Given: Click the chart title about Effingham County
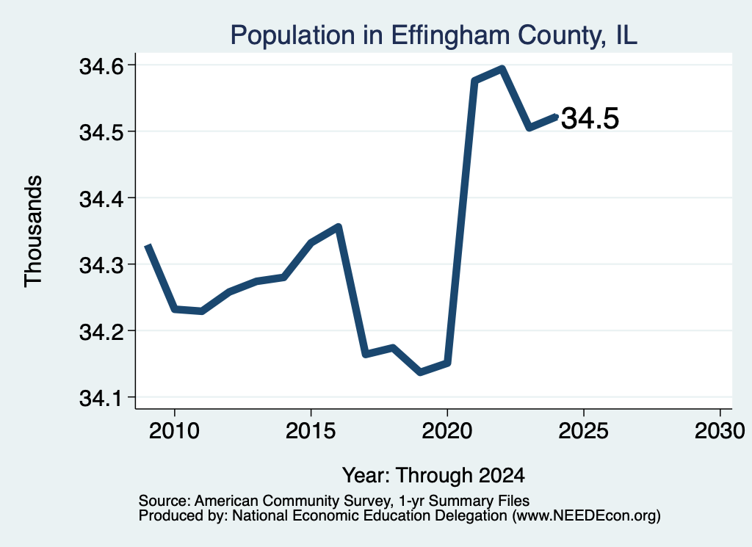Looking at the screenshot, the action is coord(433,35).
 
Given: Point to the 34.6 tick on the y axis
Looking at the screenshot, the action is coord(99,66).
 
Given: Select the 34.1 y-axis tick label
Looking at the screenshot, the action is coord(99,398).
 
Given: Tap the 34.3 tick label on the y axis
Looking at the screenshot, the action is coord(99,265).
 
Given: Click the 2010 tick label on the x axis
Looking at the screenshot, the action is coord(174,431).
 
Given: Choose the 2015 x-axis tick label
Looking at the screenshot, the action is coord(311,431).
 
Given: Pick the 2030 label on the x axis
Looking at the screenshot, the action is coord(720,431).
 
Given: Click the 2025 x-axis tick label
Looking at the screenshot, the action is coord(584,431).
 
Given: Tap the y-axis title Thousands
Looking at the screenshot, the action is coord(34,231).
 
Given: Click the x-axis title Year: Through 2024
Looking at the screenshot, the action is coord(433,475).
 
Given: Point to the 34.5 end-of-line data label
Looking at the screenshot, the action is coord(590,118).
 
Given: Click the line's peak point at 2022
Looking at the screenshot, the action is coord(502,69).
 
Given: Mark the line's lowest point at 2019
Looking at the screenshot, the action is coord(421,372).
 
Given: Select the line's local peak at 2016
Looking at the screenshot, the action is coord(338,226).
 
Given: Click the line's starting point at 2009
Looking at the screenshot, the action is coord(148,245).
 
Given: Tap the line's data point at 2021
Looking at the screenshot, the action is coord(474,81).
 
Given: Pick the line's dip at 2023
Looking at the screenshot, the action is coord(529,128).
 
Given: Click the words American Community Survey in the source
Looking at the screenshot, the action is coord(292,501).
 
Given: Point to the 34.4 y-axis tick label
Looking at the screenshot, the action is coord(99,199).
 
